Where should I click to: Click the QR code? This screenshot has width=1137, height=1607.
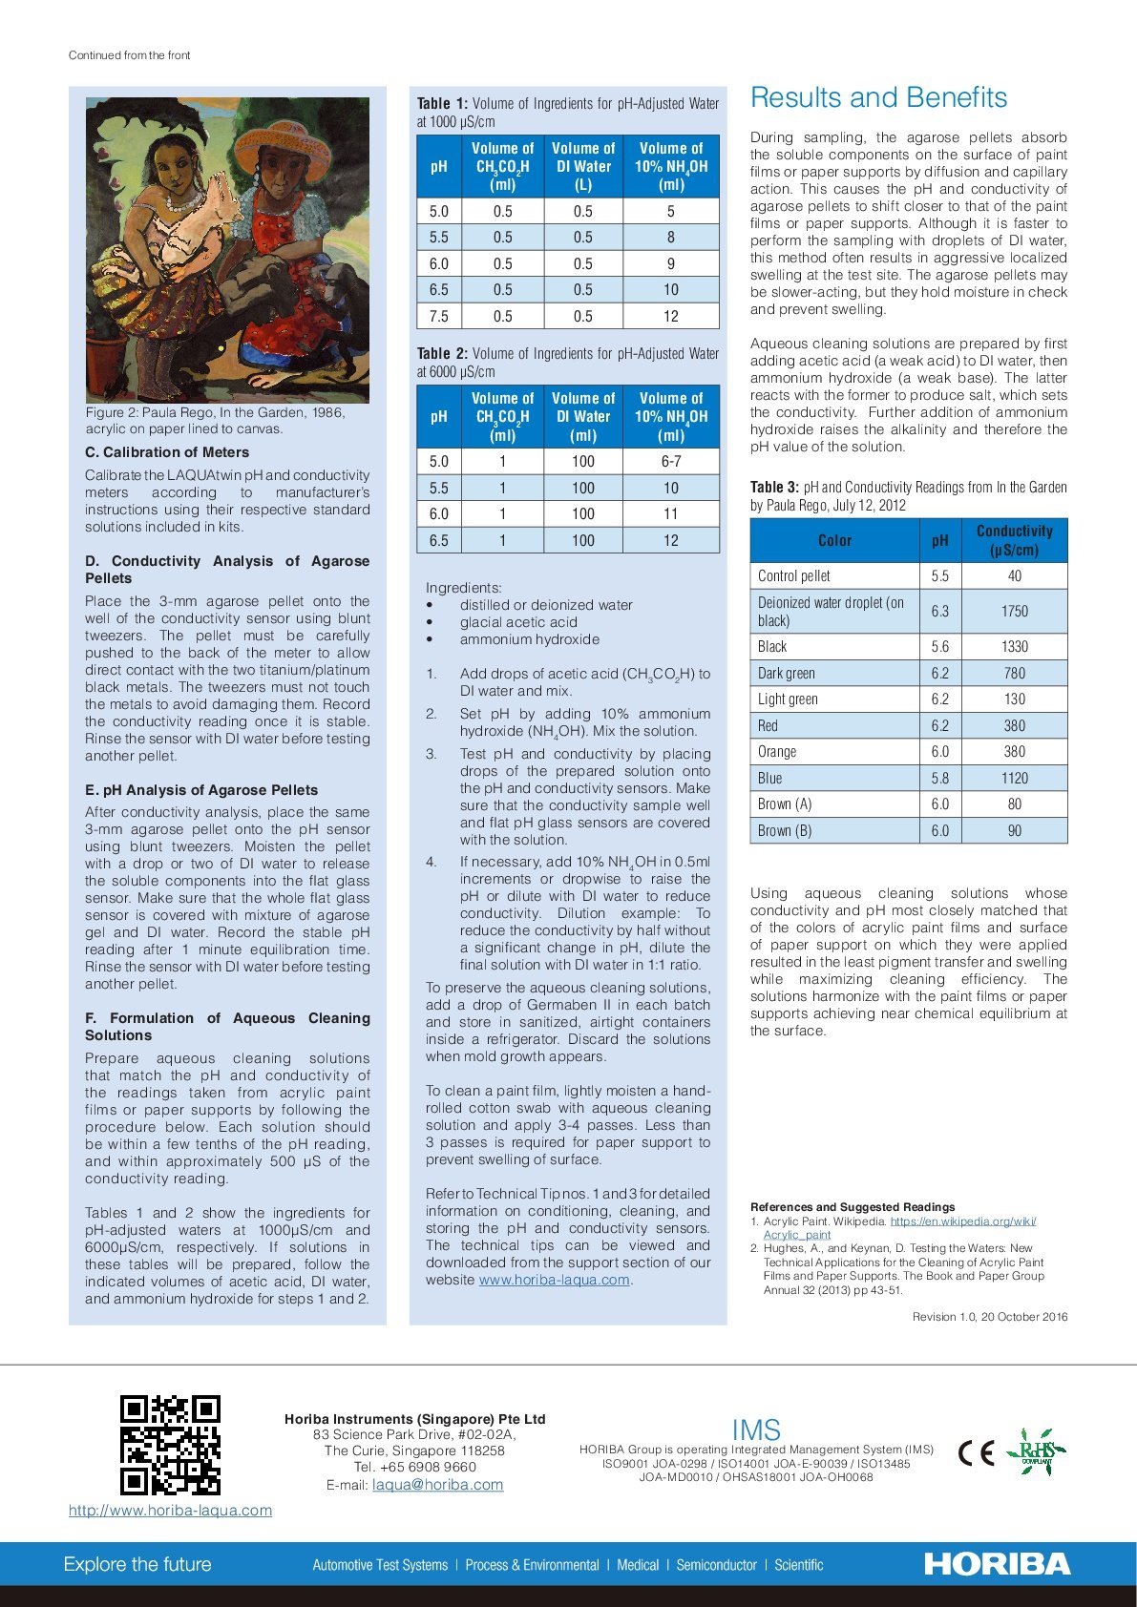click(x=170, y=1445)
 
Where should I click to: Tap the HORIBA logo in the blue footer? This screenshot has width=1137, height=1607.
click(x=997, y=1564)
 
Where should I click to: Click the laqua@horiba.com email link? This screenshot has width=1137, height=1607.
click(x=437, y=1485)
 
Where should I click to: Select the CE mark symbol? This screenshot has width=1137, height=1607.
click(x=976, y=1452)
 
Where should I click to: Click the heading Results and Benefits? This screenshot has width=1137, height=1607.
click(x=878, y=97)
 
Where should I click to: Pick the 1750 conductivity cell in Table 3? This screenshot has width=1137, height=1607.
click(x=1014, y=611)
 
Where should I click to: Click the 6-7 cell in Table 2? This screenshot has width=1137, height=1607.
click(x=670, y=461)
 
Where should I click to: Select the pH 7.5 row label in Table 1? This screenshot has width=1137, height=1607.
click(x=438, y=316)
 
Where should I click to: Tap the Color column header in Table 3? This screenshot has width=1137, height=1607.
click(x=834, y=540)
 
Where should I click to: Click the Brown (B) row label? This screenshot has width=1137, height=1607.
click(x=785, y=830)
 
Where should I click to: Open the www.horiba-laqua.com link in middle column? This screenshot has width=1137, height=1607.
click(x=554, y=1280)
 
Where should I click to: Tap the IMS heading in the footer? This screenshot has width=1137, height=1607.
click(x=756, y=1430)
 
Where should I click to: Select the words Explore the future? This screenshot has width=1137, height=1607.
click(x=137, y=1564)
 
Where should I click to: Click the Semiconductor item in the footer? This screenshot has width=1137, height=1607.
click(x=716, y=1565)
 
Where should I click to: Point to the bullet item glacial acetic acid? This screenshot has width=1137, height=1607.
click(x=518, y=622)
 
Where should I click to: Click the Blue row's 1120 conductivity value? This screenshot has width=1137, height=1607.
click(x=1014, y=778)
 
